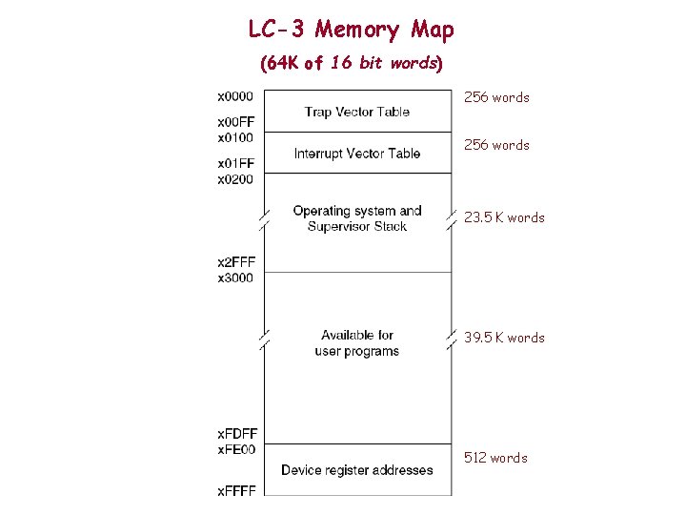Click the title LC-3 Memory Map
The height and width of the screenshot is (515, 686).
coord(351,30)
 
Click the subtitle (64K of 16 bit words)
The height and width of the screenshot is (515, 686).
coord(352,64)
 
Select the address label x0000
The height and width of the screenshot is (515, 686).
coord(235,95)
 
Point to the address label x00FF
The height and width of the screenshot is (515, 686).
coord(235,122)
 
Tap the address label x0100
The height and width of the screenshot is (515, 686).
coord(235,137)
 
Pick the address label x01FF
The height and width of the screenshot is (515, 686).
coord(235,163)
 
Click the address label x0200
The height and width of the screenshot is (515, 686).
coord(235,178)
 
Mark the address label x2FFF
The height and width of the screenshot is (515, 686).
coord(235,261)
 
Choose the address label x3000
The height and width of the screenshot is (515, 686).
coord(235,277)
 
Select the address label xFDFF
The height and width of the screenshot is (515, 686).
coord(236,434)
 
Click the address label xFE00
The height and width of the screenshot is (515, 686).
coord(236,449)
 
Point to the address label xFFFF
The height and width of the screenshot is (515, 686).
coord(236,490)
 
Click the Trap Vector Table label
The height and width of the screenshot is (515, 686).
coord(357,112)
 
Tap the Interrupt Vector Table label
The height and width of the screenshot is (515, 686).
coord(357,154)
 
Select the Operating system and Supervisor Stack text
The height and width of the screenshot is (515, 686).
coord(357,218)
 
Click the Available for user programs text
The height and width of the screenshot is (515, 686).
coord(357,343)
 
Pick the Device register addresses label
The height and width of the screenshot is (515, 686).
coord(357,470)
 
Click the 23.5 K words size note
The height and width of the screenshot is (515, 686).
coord(504,217)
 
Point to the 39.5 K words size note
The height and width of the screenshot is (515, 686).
coord(504,338)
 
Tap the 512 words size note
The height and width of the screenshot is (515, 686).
coord(495,458)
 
